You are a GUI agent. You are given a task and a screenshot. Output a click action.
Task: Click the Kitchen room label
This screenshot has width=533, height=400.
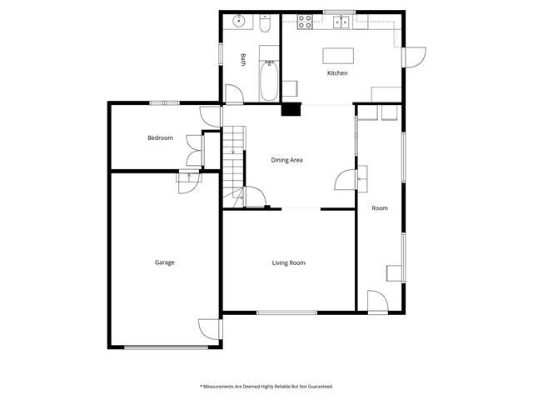coord(336,74)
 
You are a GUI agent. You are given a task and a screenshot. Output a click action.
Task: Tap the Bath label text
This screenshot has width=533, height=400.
coord(243,60)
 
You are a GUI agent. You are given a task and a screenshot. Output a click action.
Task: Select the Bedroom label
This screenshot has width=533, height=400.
coord(160,137)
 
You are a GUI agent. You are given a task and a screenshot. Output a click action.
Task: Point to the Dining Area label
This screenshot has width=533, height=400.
coord(286,160)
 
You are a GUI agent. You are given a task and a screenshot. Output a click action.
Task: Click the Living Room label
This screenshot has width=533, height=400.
coord(288,263)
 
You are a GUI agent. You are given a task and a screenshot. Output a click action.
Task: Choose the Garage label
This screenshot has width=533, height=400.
coord(164,262)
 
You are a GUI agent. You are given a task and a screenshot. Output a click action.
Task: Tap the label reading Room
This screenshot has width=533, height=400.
coord(380,208)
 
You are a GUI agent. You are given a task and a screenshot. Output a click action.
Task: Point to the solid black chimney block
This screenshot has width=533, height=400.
coord(291,107)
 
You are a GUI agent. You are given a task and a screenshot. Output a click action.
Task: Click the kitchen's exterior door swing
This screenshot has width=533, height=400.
coord(414,57)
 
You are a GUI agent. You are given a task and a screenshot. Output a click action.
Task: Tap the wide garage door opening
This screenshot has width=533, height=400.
coord(164,347)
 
